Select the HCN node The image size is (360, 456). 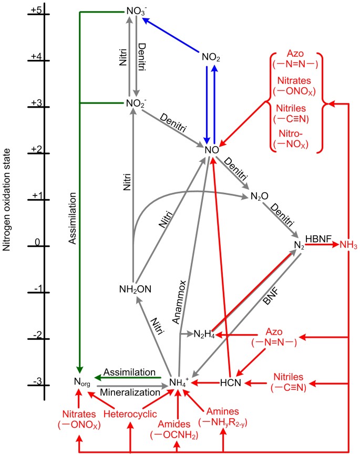point(230,383)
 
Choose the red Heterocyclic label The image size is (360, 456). point(130,414)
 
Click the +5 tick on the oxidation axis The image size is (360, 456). point(44,13)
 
